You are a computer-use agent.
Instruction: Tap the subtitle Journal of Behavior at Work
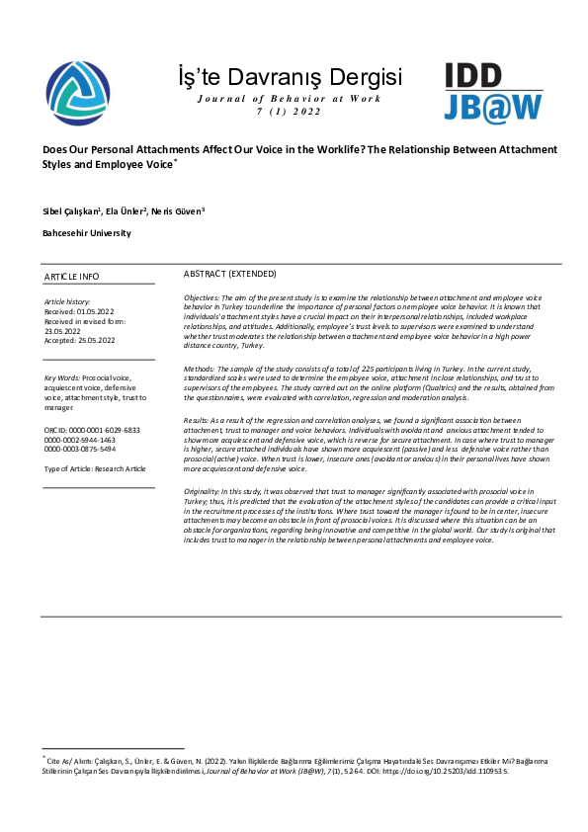click(289, 99)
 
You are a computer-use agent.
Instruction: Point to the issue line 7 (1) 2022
click(289, 112)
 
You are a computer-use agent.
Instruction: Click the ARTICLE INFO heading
click(72, 277)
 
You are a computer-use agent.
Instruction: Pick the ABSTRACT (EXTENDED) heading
click(230, 273)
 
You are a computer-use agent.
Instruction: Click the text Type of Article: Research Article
click(96, 468)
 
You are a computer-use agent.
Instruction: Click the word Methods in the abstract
click(200, 368)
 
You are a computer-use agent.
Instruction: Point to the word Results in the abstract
click(197, 420)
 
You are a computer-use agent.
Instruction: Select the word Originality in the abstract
click(203, 490)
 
